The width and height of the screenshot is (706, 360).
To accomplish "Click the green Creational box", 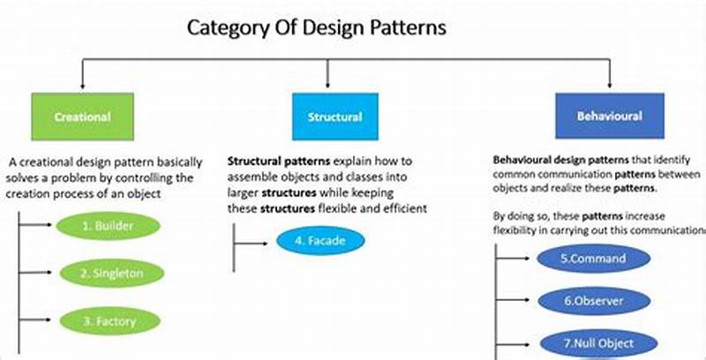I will [x=82, y=116].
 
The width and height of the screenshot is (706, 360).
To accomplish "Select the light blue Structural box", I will [x=334, y=116].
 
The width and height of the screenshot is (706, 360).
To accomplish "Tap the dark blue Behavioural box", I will [x=609, y=116].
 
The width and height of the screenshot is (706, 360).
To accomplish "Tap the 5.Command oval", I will [x=593, y=259].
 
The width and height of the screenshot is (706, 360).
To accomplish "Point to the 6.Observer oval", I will [x=593, y=301].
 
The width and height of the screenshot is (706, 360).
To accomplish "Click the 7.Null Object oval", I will [x=593, y=342].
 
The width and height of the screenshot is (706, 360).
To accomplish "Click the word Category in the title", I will [x=224, y=27].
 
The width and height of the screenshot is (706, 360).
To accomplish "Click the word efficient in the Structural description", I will [x=398, y=208].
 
